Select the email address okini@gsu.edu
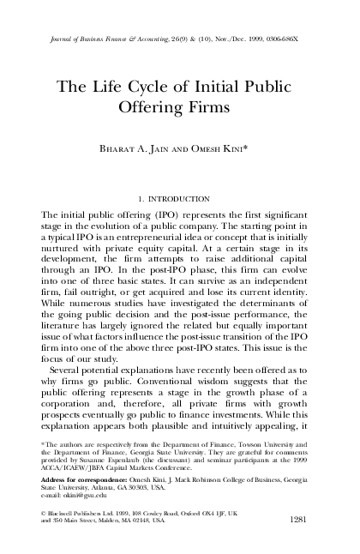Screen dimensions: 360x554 pyautogui.click(x=71, y=495)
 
